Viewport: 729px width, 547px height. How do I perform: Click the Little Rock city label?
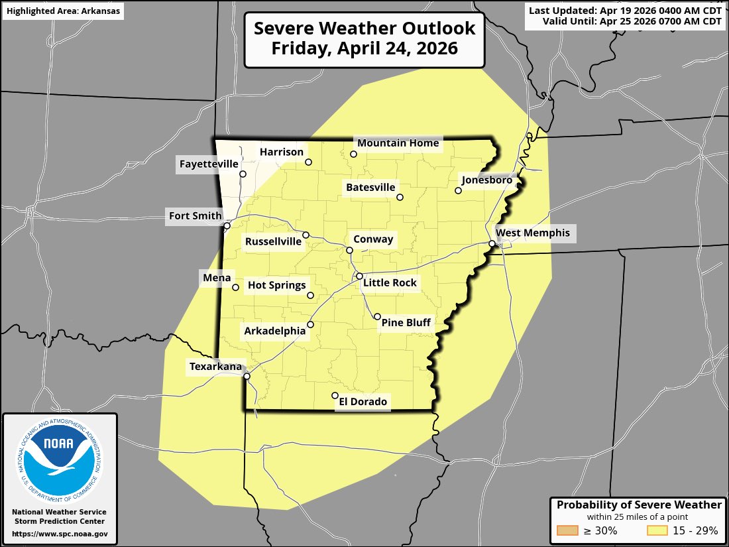[x=390, y=283]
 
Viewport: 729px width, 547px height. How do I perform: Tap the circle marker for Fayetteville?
[x=243, y=174]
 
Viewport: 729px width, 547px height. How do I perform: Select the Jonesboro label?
[x=487, y=180]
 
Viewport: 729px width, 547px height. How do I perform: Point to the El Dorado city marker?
[x=335, y=396]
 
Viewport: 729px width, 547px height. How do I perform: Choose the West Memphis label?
[x=532, y=233]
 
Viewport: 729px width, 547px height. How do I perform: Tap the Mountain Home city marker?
[x=354, y=154]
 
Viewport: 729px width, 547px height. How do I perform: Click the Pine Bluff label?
[x=406, y=323]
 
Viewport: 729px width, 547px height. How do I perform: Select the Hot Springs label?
[x=277, y=285]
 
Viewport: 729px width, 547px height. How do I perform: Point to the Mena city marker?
[x=235, y=288]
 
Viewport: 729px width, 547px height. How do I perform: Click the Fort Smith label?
[x=195, y=215]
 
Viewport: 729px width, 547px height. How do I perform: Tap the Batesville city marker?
[x=400, y=197]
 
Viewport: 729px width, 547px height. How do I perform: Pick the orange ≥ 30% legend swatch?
[x=569, y=530]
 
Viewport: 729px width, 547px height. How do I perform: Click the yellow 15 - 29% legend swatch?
[x=657, y=530]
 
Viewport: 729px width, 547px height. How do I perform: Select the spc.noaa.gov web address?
[x=60, y=534]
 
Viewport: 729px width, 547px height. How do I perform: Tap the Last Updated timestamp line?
[x=625, y=10]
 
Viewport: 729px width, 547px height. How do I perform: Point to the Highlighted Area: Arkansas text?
[x=63, y=11]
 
